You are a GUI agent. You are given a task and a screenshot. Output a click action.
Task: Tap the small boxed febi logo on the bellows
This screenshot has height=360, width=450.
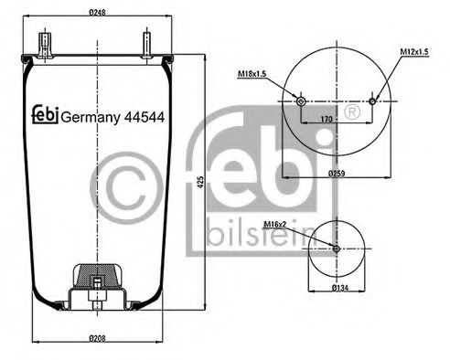tap(45, 114)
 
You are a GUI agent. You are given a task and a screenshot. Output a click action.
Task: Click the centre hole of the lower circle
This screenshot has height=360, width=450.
tap(337, 249)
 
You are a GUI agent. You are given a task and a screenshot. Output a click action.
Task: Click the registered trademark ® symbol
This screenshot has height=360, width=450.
tap(349, 112)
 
